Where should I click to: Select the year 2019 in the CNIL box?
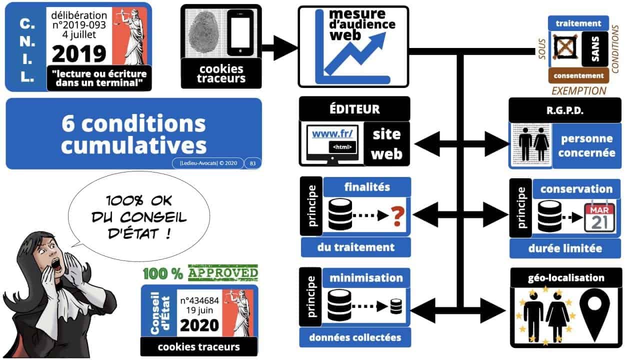coord(79,53)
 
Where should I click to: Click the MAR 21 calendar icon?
coord(599,215)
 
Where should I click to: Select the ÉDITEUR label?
coord(354,108)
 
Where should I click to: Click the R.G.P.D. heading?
coord(564,110)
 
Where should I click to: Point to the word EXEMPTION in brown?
coord(578,90)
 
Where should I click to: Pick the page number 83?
coord(252,163)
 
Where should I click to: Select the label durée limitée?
coord(564,248)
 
